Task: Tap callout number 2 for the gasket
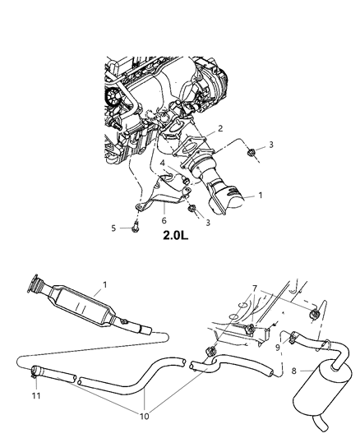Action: pyautogui.click(x=219, y=129)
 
